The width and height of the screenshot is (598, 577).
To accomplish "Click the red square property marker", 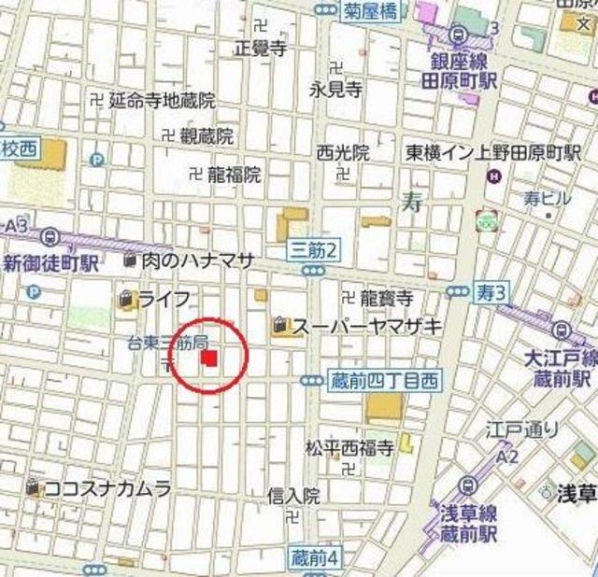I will [210, 358].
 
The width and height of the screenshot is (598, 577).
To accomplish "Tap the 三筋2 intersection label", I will [313, 249].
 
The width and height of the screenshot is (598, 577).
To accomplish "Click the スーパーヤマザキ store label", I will [367, 326].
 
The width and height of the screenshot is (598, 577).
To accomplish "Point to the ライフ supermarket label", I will [168, 299].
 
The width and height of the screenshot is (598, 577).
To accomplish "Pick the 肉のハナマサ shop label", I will [198, 260].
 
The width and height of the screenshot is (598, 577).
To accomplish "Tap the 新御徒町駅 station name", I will [51, 263].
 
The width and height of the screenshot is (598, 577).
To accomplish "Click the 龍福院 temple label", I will [234, 174].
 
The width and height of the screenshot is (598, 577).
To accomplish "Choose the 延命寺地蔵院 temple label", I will [162, 100].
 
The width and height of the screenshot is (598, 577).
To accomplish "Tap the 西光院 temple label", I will [342, 151].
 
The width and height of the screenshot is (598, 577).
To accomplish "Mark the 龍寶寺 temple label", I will [385, 299].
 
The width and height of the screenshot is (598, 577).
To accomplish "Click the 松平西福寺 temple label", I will [349, 447].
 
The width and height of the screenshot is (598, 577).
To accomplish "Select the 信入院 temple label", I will [292, 495].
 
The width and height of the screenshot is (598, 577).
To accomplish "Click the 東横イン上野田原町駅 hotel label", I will [493, 152].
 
